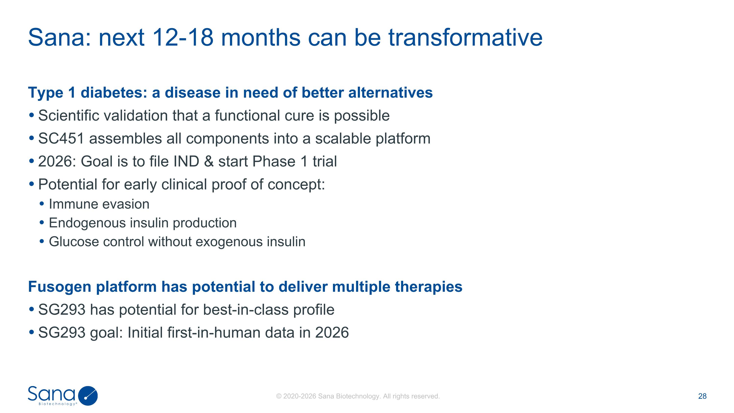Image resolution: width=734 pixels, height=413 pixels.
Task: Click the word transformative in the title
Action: tap(465, 37)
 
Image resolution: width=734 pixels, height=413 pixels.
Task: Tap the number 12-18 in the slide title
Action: tap(183, 37)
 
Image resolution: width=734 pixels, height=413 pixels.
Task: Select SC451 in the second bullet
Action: tap(61, 139)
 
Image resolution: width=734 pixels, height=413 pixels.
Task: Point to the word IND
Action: tap(186, 161)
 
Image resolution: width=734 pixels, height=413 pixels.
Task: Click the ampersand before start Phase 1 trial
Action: tap(209, 161)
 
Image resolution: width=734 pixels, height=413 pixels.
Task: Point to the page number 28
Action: tap(702, 396)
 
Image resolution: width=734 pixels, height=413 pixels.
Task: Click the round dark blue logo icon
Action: tap(88, 396)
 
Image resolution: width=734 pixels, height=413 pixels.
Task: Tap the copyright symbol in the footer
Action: tap(279, 396)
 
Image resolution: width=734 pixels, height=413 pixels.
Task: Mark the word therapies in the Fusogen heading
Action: tap(429, 287)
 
